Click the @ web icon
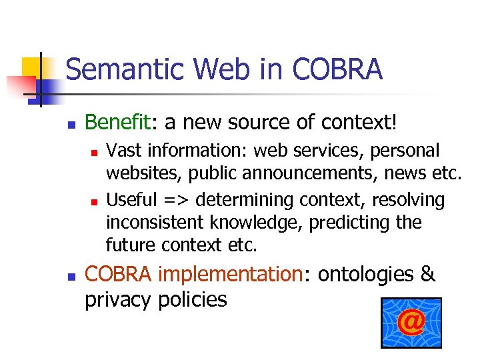coord(411,323)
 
